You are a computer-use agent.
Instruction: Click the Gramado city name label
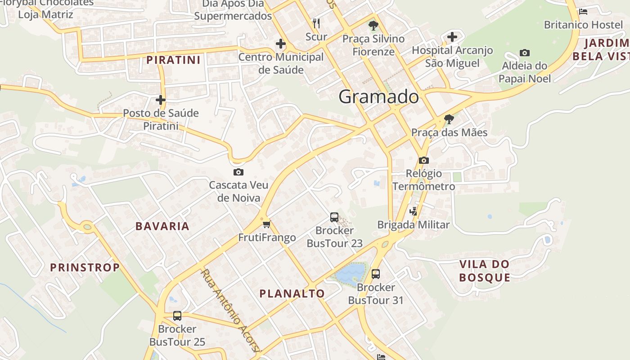tap(378, 97)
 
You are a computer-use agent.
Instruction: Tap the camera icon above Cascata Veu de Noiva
tap(238, 172)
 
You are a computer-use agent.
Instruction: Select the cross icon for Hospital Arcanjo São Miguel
tap(452, 37)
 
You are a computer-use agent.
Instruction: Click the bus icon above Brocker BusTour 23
tap(334, 217)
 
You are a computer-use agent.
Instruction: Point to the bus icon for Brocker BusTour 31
tap(376, 274)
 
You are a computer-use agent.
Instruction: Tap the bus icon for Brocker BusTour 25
tap(177, 316)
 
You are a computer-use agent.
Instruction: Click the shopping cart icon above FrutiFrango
tap(267, 224)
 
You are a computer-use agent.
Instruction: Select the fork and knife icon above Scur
tap(316, 23)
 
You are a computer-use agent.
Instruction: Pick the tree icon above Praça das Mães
tap(449, 119)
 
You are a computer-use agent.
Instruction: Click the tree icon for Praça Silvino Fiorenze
tap(373, 26)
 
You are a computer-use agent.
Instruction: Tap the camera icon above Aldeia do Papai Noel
tap(524, 53)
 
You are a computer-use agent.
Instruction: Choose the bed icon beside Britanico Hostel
tap(583, 12)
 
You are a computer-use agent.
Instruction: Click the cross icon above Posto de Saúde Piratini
tap(161, 100)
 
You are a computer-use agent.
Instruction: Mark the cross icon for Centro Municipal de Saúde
tap(281, 44)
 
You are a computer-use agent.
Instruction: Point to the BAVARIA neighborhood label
tap(162, 226)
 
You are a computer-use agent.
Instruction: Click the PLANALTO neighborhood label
tap(292, 294)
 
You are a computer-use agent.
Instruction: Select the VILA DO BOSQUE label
tap(485, 270)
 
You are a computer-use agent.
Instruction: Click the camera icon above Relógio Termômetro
tap(423, 161)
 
